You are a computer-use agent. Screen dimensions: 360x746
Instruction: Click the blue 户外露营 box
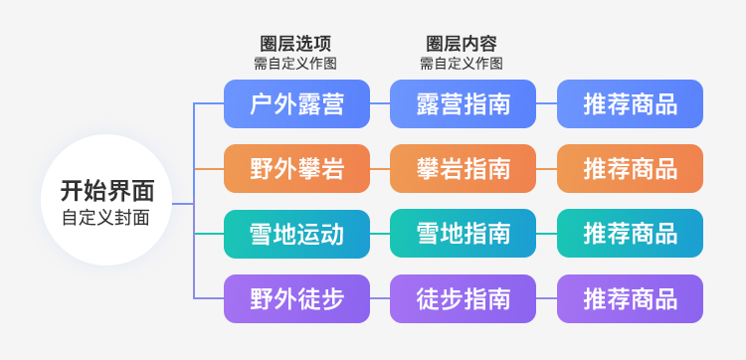click(x=296, y=103)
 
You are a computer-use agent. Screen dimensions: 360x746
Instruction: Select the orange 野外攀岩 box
click(x=296, y=168)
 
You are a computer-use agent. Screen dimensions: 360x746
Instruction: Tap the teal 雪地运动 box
click(x=296, y=234)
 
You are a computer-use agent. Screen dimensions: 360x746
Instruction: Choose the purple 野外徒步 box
click(x=296, y=298)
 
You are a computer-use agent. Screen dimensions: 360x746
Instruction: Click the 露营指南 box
click(x=463, y=103)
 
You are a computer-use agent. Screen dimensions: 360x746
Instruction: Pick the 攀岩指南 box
click(x=463, y=168)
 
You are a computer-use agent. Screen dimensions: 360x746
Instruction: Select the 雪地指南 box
click(x=463, y=234)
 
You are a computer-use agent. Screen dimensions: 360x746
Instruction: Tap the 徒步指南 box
click(x=463, y=298)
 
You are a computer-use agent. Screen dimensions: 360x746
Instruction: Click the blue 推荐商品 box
click(x=630, y=103)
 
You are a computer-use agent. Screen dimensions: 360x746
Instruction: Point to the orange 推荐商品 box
click(x=630, y=168)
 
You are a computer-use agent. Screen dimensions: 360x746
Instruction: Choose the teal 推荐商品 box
click(x=630, y=234)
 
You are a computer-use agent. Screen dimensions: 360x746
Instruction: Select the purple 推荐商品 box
click(x=630, y=298)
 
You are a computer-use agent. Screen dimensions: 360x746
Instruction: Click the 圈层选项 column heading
click(x=295, y=43)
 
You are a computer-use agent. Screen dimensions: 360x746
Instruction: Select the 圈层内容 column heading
click(x=462, y=43)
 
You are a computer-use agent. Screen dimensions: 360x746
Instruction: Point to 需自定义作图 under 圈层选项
click(x=295, y=63)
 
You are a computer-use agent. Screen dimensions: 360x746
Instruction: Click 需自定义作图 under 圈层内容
click(x=462, y=63)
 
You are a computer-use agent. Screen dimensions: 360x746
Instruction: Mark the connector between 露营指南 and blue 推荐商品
click(x=546, y=103)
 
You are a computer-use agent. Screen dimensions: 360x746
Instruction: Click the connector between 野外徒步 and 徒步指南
click(x=379, y=298)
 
